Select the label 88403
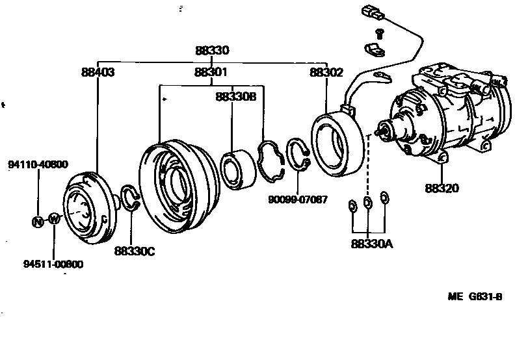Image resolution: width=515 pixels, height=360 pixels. tap(98, 73)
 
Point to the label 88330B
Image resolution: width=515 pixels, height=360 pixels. tap(236, 96)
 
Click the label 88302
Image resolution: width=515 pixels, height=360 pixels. tap(326, 73)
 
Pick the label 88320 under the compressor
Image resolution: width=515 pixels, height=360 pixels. tap(442, 189)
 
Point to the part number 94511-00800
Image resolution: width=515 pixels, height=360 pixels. tap(53, 264)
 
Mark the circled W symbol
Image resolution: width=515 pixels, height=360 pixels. tap(54, 219)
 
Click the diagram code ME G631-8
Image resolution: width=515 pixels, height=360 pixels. tap(475, 297)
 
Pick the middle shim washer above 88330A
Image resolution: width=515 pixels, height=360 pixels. tap(368, 203)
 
